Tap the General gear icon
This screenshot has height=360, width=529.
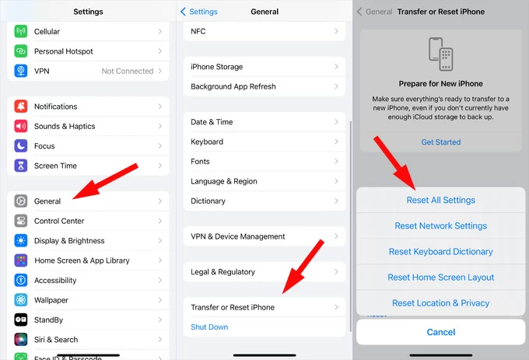[x=21, y=201]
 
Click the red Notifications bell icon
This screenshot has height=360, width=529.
[x=21, y=107]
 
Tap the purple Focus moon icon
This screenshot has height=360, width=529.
[x=21, y=146]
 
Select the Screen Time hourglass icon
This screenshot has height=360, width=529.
[x=21, y=166]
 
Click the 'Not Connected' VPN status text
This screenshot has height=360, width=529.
[x=128, y=71]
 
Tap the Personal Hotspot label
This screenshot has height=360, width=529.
[x=64, y=51]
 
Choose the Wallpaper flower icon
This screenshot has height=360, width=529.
[x=21, y=299]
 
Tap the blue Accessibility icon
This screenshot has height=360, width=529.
[x=21, y=280]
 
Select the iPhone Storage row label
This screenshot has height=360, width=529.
[x=216, y=67]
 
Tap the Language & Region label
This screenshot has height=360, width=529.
[x=224, y=181]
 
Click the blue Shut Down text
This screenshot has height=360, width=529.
[x=209, y=327]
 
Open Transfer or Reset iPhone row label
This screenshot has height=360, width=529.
[x=233, y=307]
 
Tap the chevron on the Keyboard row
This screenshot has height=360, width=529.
[x=336, y=142]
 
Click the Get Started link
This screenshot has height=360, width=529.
[x=440, y=142]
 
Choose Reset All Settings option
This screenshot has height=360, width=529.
[x=440, y=201]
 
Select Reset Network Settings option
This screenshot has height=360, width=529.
[x=440, y=225]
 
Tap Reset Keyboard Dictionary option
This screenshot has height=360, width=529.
[x=440, y=252]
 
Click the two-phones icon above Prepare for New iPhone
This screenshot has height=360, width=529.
[x=440, y=54]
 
